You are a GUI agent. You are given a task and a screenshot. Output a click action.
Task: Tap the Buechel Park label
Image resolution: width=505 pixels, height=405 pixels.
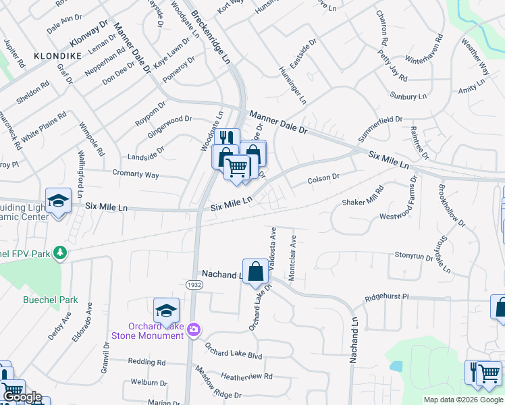(x=51, y=300)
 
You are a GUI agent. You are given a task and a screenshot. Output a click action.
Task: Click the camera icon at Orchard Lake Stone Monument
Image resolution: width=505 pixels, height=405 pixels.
(x=194, y=329)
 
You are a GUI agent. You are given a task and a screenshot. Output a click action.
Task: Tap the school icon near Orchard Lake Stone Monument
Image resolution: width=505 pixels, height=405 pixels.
(x=166, y=310)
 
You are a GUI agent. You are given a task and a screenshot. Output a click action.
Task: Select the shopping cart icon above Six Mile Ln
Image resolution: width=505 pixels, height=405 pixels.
(x=237, y=166)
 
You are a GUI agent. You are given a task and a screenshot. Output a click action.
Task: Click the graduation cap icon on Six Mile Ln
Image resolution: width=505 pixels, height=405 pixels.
(x=59, y=200)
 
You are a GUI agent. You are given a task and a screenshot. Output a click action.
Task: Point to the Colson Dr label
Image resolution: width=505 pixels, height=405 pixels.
(x=323, y=179)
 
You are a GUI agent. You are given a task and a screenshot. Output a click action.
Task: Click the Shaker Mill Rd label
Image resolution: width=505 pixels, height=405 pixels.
(x=363, y=196)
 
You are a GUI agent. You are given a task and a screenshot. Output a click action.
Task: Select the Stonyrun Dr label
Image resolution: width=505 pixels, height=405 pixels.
(x=413, y=256)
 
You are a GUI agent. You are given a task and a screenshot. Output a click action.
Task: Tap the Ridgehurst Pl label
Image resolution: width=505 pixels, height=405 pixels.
(x=387, y=296)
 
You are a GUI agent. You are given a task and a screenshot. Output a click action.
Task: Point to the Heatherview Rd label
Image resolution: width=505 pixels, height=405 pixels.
(x=246, y=376)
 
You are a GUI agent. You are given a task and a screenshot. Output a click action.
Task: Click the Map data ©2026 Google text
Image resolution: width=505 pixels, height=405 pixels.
(x=462, y=400)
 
